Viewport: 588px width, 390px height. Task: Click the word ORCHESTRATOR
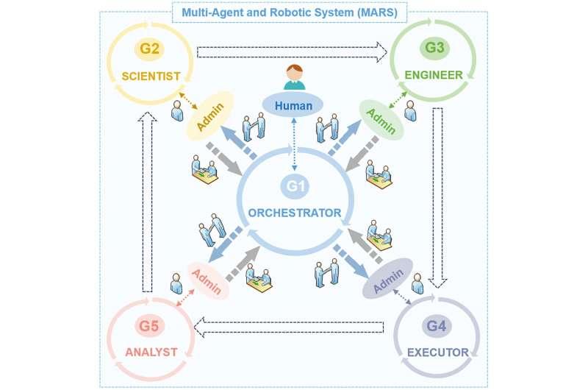click(295, 213)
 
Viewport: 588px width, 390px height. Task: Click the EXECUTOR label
click(437, 352)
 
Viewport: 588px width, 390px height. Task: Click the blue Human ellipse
click(294, 106)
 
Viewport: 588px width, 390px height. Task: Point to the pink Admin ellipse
click(209, 279)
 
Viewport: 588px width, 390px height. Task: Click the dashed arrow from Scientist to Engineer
click(293, 51)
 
